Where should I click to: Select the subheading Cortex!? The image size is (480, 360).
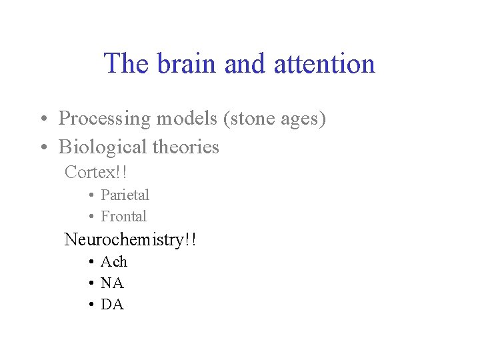pos(96,172)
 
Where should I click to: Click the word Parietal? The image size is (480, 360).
pos(125,195)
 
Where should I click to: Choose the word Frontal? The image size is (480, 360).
pos(123,216)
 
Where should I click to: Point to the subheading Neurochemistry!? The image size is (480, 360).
pos(130,239)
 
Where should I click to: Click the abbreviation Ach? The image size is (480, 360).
pos(113,261)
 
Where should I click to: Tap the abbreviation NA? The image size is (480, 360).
pos(112,283)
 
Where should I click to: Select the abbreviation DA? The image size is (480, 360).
pos(112,305)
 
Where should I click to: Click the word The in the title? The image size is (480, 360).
pos(127,64)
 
